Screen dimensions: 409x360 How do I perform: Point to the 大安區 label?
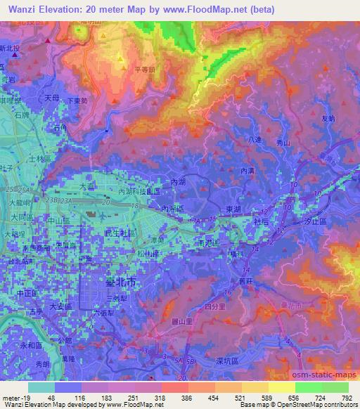click(62, 306)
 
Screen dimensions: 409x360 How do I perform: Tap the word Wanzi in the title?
click(24, 9)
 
